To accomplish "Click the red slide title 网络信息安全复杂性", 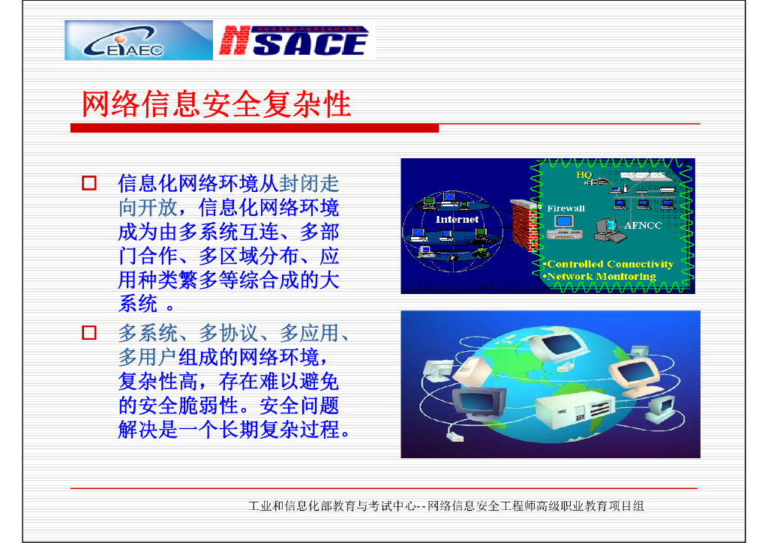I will coord(216,104).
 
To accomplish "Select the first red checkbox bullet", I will coord(89,183).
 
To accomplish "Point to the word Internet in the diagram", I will coord(457,220).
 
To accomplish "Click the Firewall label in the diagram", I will coord(565,208).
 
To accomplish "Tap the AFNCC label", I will coord(643,225).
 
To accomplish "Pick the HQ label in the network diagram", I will coord(583,175).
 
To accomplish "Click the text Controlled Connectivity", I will coord(609,264).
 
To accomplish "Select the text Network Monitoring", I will coord(600,276).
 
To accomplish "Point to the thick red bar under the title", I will coord(254,129).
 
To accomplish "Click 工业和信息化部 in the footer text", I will coord(286,506).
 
